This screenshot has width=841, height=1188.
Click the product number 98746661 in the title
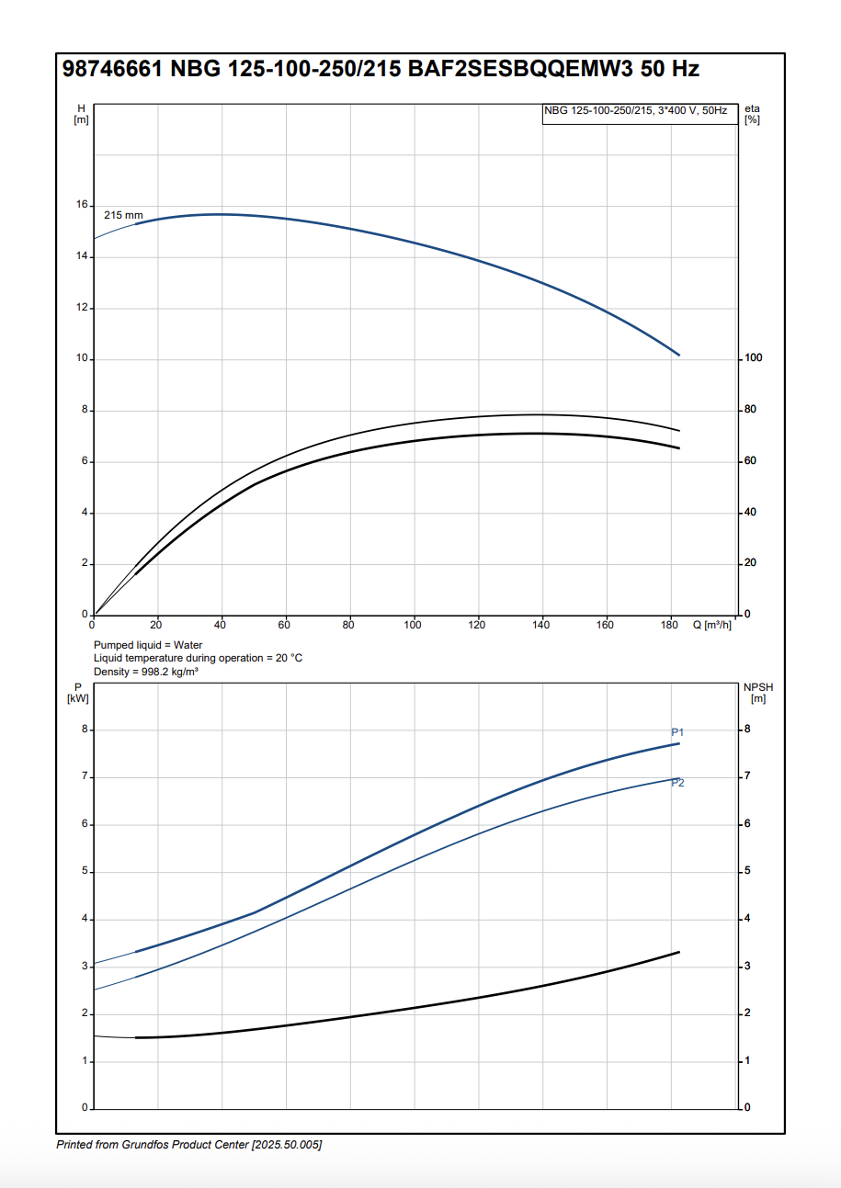pos(112,70)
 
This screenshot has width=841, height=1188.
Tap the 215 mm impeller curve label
pos(123,215)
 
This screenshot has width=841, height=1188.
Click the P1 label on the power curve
pos(677,732)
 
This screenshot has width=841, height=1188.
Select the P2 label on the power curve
pos(677,783)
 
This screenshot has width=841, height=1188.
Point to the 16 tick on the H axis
pos(82,205)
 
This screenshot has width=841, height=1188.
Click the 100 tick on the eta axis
pos(754,357)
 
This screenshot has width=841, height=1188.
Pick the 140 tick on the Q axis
pos(541,626)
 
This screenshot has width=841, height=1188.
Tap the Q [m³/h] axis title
pos(712,626)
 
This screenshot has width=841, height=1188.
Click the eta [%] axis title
pos(753,114)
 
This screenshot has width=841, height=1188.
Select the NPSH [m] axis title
pos(757,693)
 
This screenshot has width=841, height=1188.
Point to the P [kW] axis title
pos(78,693)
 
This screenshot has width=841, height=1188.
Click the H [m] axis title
pos(81,114)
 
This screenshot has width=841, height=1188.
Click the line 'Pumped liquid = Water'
pos(148,645)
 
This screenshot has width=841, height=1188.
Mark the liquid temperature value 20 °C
pos(288,659)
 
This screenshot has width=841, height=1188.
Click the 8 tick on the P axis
pos(85,730)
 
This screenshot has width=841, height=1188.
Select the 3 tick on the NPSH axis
pos(747,966)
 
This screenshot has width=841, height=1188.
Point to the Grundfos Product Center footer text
pos(189,1145)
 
